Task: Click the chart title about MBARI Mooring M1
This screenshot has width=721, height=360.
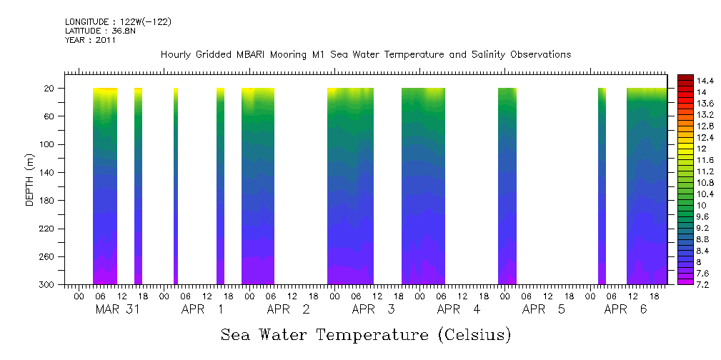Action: [x=365, y=54]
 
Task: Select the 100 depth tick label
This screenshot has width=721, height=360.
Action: [x=50, y=144]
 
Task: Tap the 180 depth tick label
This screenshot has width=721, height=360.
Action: [x=50, y=201]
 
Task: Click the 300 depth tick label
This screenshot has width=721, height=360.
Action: [x=50, y=285]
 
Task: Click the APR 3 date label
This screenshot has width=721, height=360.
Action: [x=369, y=309]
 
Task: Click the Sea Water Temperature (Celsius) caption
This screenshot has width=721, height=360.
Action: [x=366, y=334]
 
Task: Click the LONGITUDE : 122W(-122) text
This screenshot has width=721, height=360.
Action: [x=118, y=22]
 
